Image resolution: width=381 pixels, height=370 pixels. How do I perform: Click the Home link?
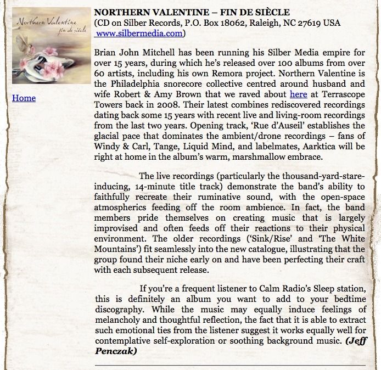coord(24,98)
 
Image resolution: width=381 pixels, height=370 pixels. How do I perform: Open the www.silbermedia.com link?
coord(139,33)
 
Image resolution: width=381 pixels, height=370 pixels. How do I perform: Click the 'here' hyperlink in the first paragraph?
coord(298,94)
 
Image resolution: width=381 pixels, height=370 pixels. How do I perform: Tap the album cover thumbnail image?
coord(51,46)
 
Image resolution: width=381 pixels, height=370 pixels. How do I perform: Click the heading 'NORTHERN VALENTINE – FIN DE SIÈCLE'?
coord(192,12)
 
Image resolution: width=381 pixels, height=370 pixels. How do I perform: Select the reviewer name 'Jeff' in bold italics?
coord(357,340)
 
